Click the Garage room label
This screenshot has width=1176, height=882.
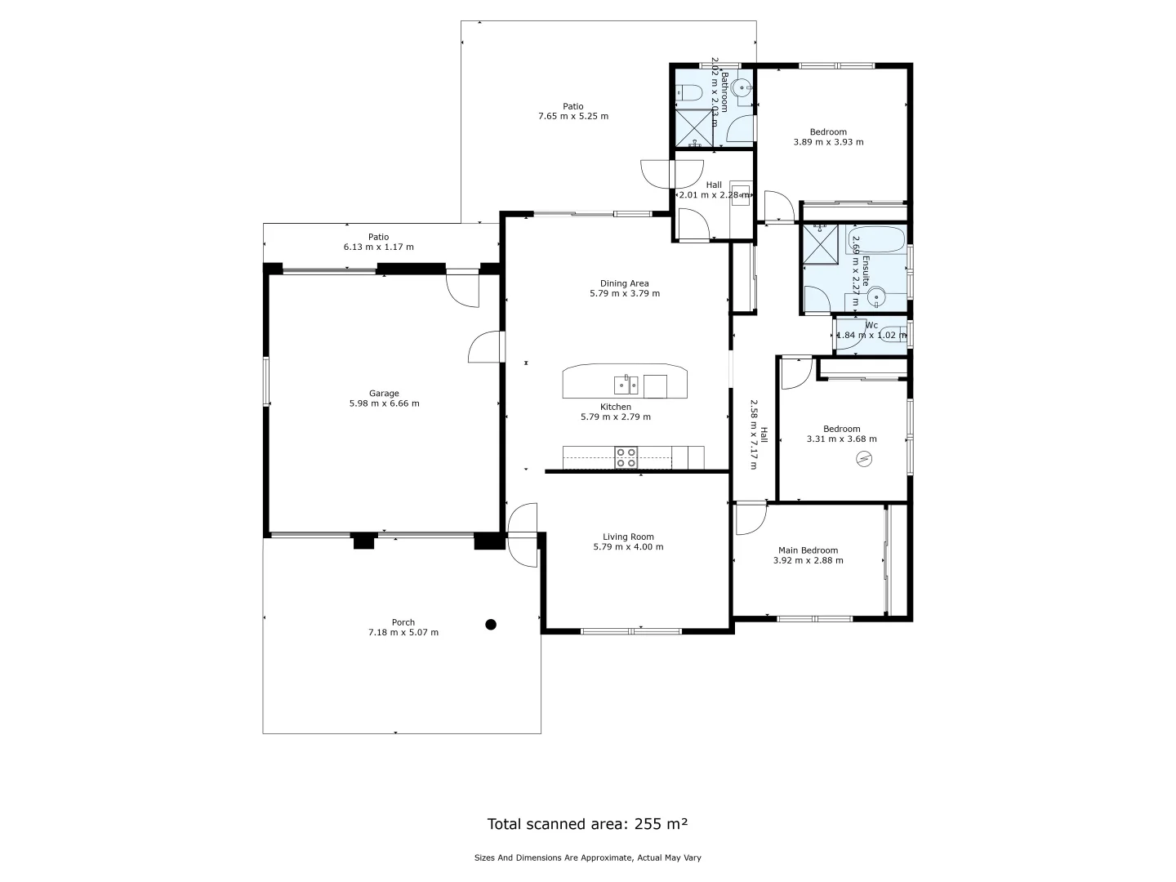(x=384, y=394)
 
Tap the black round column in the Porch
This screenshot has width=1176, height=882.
(x=491, y=625)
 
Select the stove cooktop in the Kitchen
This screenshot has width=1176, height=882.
(x=626, y=457)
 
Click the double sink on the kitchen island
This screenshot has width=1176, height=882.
(x=626, y=385)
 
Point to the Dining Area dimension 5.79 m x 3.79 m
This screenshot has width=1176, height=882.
(x=625, y=293)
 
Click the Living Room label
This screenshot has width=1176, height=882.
(x=628, y=537)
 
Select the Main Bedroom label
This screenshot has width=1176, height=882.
(x=808, y=550)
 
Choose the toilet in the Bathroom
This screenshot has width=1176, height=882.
(x=688, y=93)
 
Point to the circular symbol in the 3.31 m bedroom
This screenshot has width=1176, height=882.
(x=864, y=460)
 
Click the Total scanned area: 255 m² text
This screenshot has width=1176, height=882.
(x=587, y=823)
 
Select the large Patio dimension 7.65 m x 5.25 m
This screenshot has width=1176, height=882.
(x=573, y=116)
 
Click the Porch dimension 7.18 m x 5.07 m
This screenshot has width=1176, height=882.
(x=403, y=632)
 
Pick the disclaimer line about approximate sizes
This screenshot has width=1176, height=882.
(x=587, y=857)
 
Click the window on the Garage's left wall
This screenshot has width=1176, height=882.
(x=266, y=381)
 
